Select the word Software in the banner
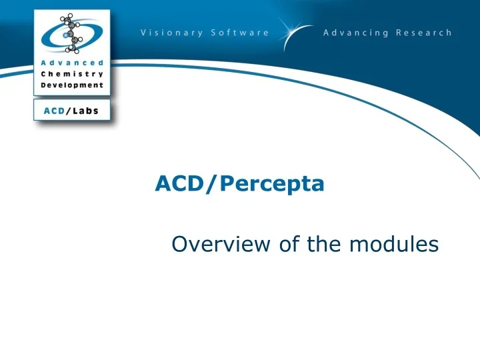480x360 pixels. tap(240, 33)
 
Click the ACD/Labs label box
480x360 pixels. tap(71, 111)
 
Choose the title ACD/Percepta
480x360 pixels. tap(239, 183)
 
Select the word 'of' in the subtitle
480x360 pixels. tap(289, 245)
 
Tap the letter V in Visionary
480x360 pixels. tap(144, 33)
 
